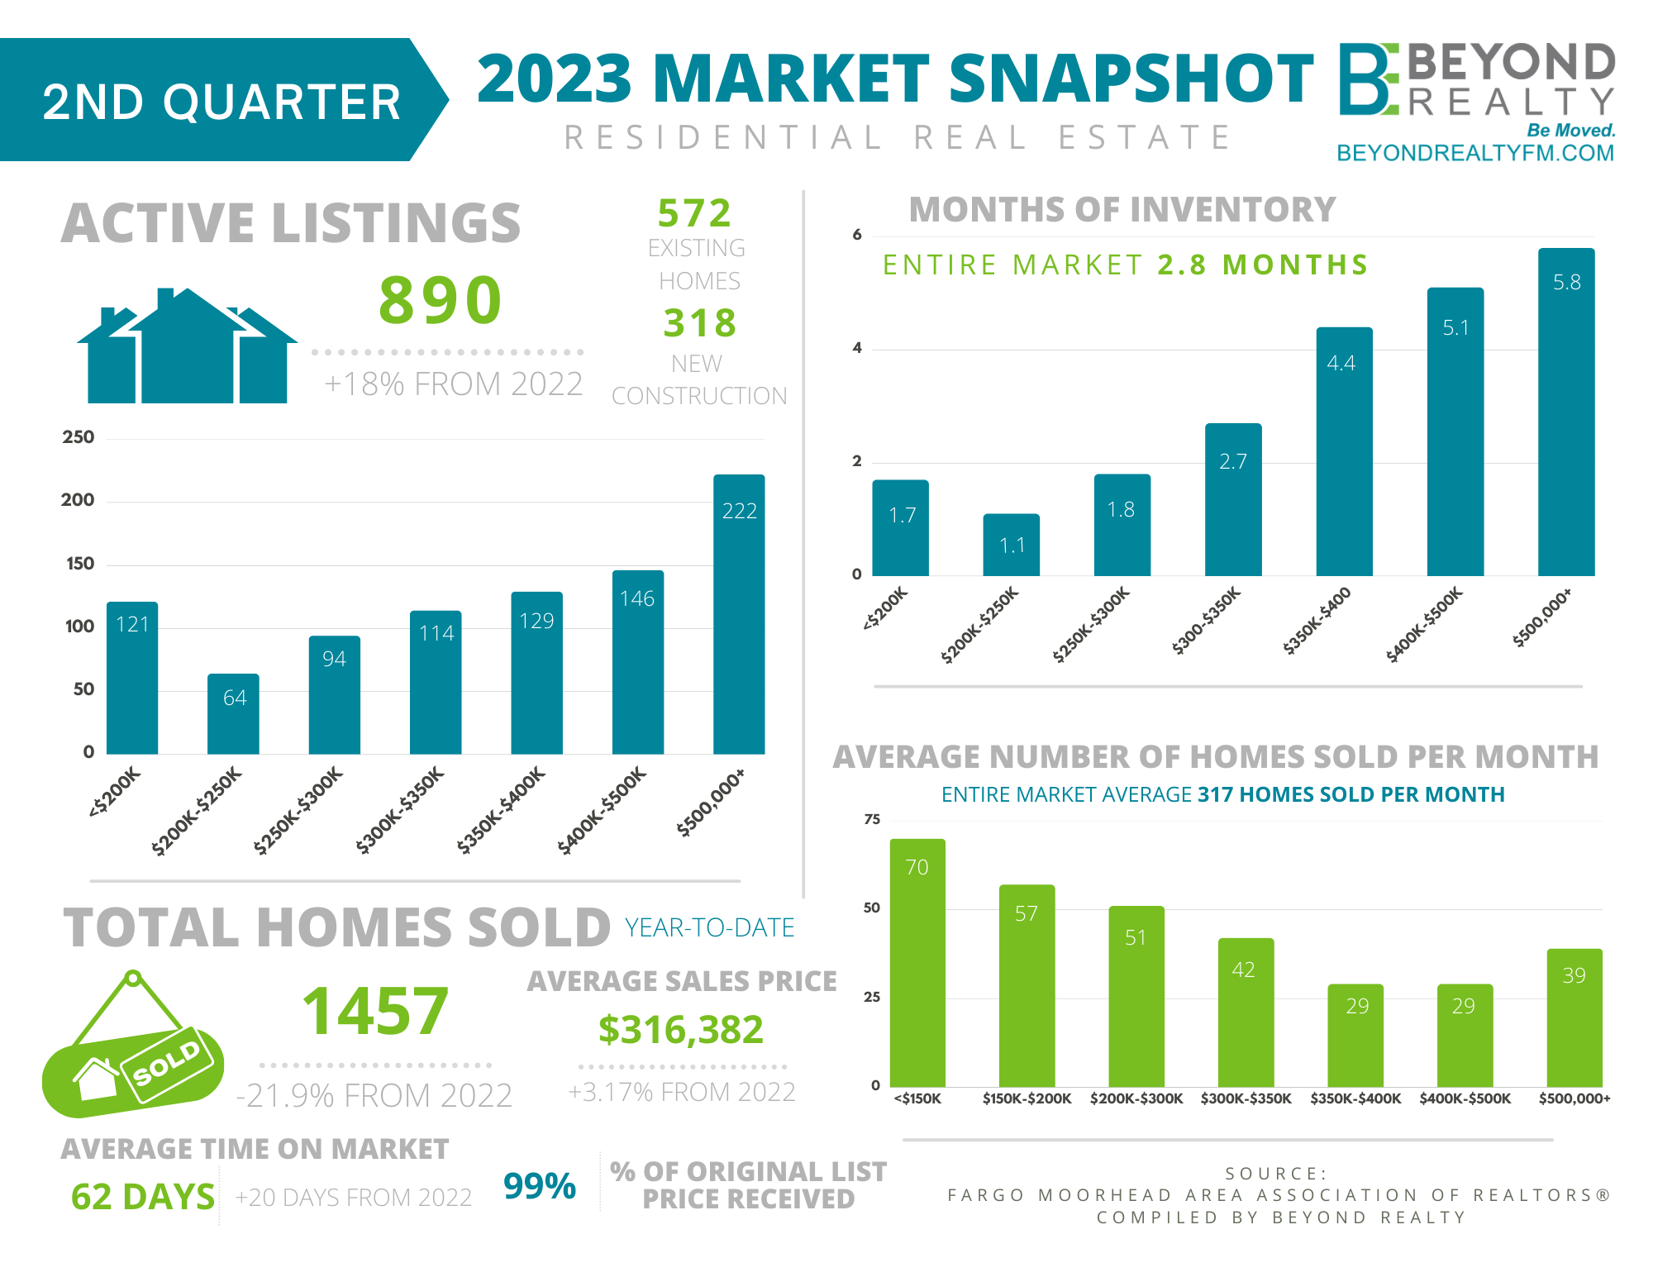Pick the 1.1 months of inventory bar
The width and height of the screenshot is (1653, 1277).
pos(1011,545)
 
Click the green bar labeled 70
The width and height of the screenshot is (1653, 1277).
pos(917,963)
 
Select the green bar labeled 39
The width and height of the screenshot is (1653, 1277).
pos(1574,1017)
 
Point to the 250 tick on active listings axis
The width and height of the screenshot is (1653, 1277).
pos(79,437)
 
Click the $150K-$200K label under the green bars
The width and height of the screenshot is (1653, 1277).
pos(1027,1098)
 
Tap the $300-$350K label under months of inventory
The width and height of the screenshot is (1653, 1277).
pos(1206,621)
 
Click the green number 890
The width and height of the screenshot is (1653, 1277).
pos(440,300)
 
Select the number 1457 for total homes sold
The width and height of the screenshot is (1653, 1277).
pos(375,1012)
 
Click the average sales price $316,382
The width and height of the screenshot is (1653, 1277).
pos(680,1030)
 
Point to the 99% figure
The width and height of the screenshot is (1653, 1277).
pos(539,1186)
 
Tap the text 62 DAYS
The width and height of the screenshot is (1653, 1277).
pos(143,1197)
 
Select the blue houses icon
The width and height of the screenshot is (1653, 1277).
pos(188,347)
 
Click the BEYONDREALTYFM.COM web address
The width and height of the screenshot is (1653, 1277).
pos(1474,154)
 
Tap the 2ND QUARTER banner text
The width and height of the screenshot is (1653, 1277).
pos(222,102)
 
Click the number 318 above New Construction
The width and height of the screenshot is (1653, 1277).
pos(699,323)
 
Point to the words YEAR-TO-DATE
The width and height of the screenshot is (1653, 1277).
pos(709,928)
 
